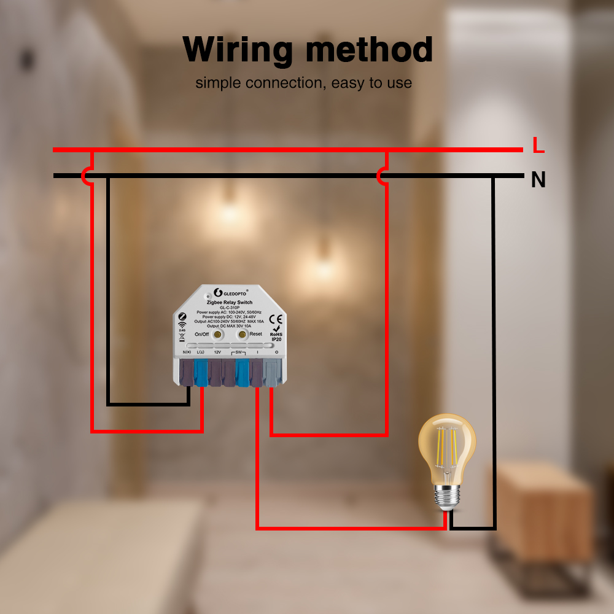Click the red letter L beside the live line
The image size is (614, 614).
pos(538,146)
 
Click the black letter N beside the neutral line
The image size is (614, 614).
pos(538,180)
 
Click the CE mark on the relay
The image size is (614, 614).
pos(276,319)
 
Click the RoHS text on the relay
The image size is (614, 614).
pos(276,334)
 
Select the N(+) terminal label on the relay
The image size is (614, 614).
pos(187,352)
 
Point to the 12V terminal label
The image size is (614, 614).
pos(217,352)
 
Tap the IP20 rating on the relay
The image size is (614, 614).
pos(276,340)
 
